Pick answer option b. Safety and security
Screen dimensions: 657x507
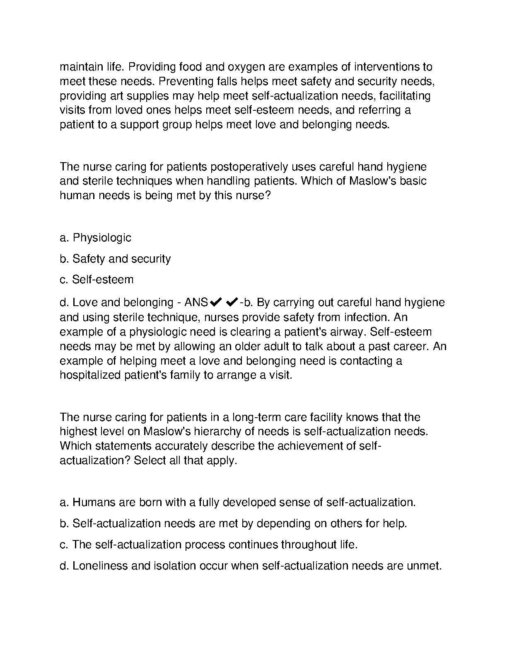(x=115, y=259)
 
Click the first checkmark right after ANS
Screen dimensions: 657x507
(x=216, y=302)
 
